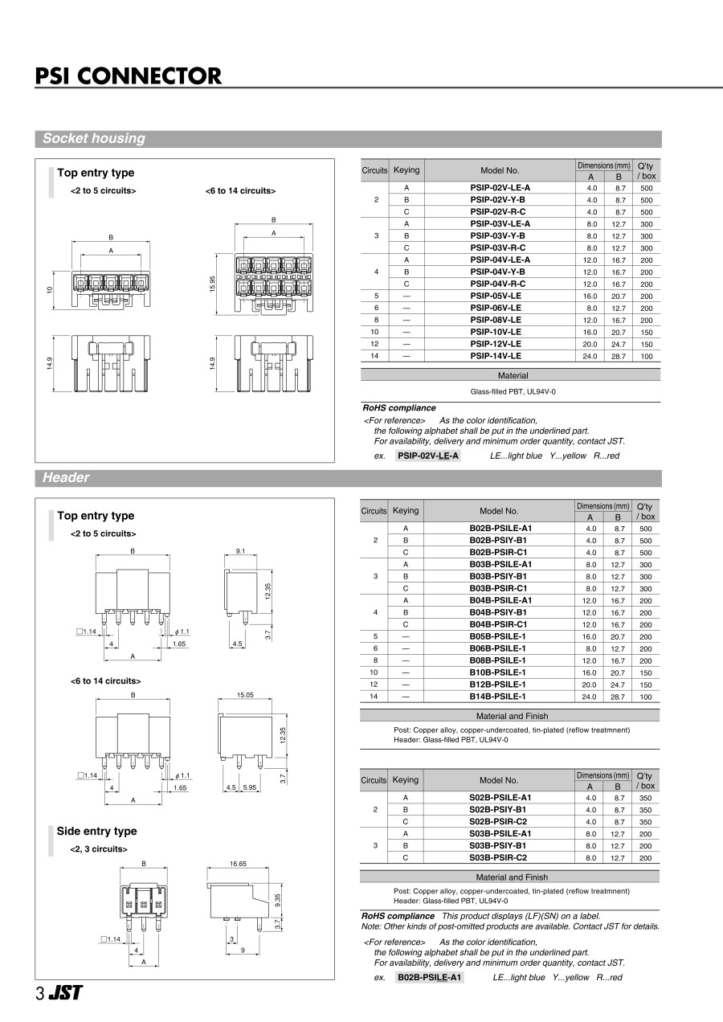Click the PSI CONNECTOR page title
(129, 76)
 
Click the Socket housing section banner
(94, 138)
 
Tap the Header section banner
(66, 477)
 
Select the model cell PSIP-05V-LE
(496, 296)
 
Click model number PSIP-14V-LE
(496, 355)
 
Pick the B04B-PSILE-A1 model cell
(500, 600)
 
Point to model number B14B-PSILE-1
(497, 697)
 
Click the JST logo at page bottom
(64, 992)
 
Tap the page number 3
(39, 993)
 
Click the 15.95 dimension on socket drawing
(212, 284)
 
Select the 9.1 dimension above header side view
(240, 551)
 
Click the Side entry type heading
(96, 831)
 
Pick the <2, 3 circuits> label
(98, 848)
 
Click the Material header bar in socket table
(513, 375)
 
